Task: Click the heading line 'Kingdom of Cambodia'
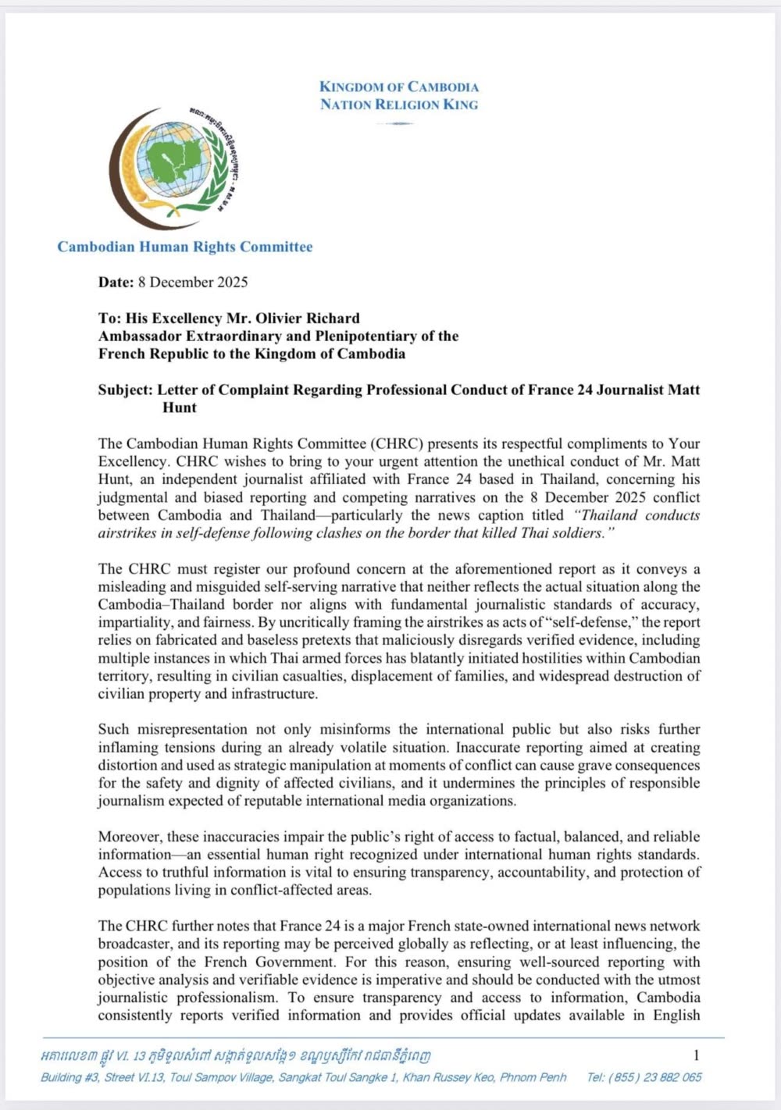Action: click(399, 87)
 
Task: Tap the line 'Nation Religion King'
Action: click(399, 105)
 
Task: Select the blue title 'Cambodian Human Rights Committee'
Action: click(185, 247)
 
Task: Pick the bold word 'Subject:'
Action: click(125, 390)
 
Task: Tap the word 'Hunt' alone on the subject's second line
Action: click(180, 407)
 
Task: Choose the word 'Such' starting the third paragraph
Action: click(114, 729)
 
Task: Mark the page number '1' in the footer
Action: click(697, 1055)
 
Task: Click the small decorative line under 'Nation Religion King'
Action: click(399, 123)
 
